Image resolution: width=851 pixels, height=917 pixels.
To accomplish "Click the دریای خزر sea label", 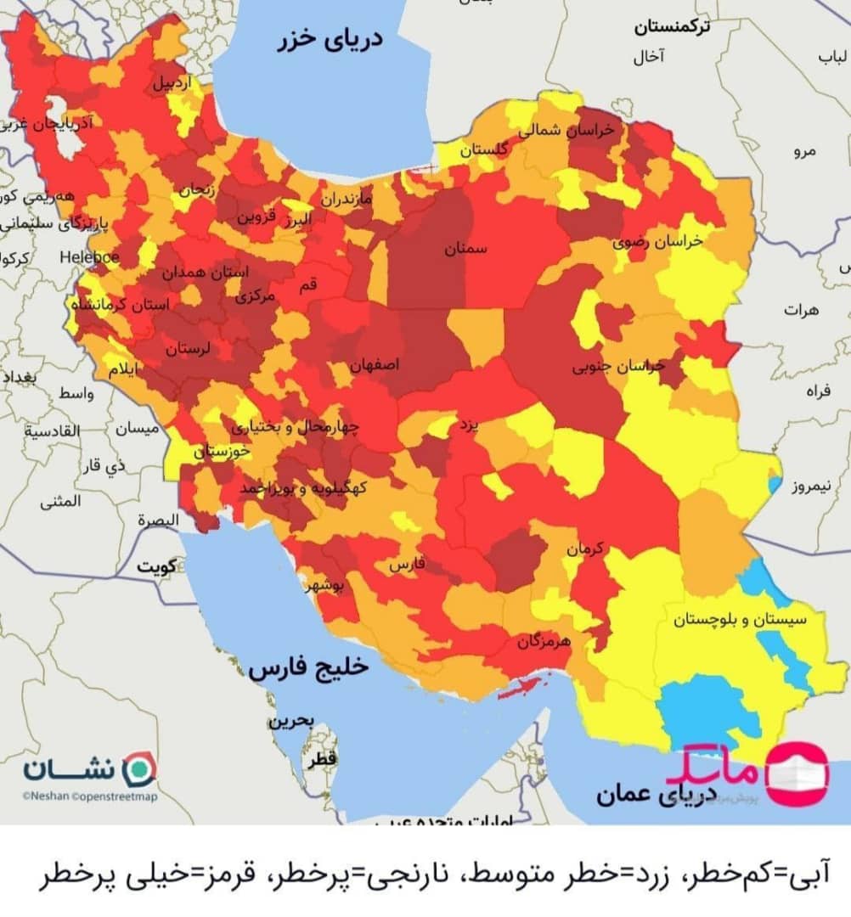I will pyautogui.click(x=330, y=40).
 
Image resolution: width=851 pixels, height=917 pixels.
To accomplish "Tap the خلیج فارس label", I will pyautogui.click(x=308, y=668).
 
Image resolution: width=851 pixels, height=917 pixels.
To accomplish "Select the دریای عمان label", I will pyautogui.click(x=634, y=796).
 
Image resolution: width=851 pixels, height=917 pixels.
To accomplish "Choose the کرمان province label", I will pyautogui.click(x=585, y=549).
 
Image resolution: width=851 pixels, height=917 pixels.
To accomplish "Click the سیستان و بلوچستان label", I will pyautogui.click(x=739, y=620).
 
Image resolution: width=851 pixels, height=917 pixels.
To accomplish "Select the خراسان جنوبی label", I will pyautogui.click(x=617, y=367).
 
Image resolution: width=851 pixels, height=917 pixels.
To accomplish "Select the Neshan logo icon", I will pyautogui.click(x=140, y=768).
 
